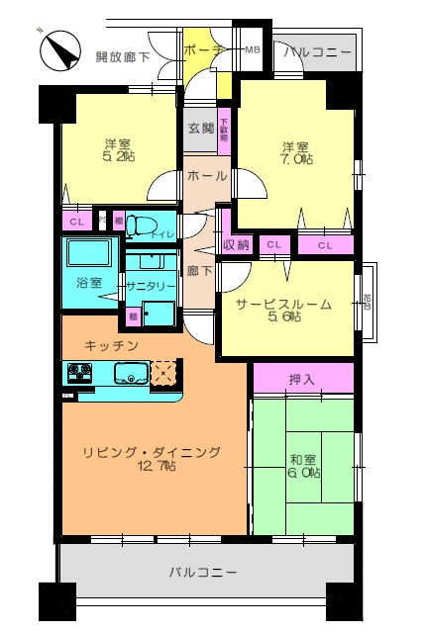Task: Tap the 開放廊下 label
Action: tap(123, 57)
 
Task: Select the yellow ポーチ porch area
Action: tap(203, 51)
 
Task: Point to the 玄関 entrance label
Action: tap(200, 129)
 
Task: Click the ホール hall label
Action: tap(206, 176)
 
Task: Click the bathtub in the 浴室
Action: tap(91, 254)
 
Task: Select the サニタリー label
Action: tap(151, 285)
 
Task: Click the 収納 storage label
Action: tap(236, 244)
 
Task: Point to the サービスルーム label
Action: tap(283, 305)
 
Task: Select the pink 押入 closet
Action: tap(303, 379)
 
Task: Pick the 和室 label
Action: tap(303, 458)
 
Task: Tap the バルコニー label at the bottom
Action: tap(202, 573)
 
